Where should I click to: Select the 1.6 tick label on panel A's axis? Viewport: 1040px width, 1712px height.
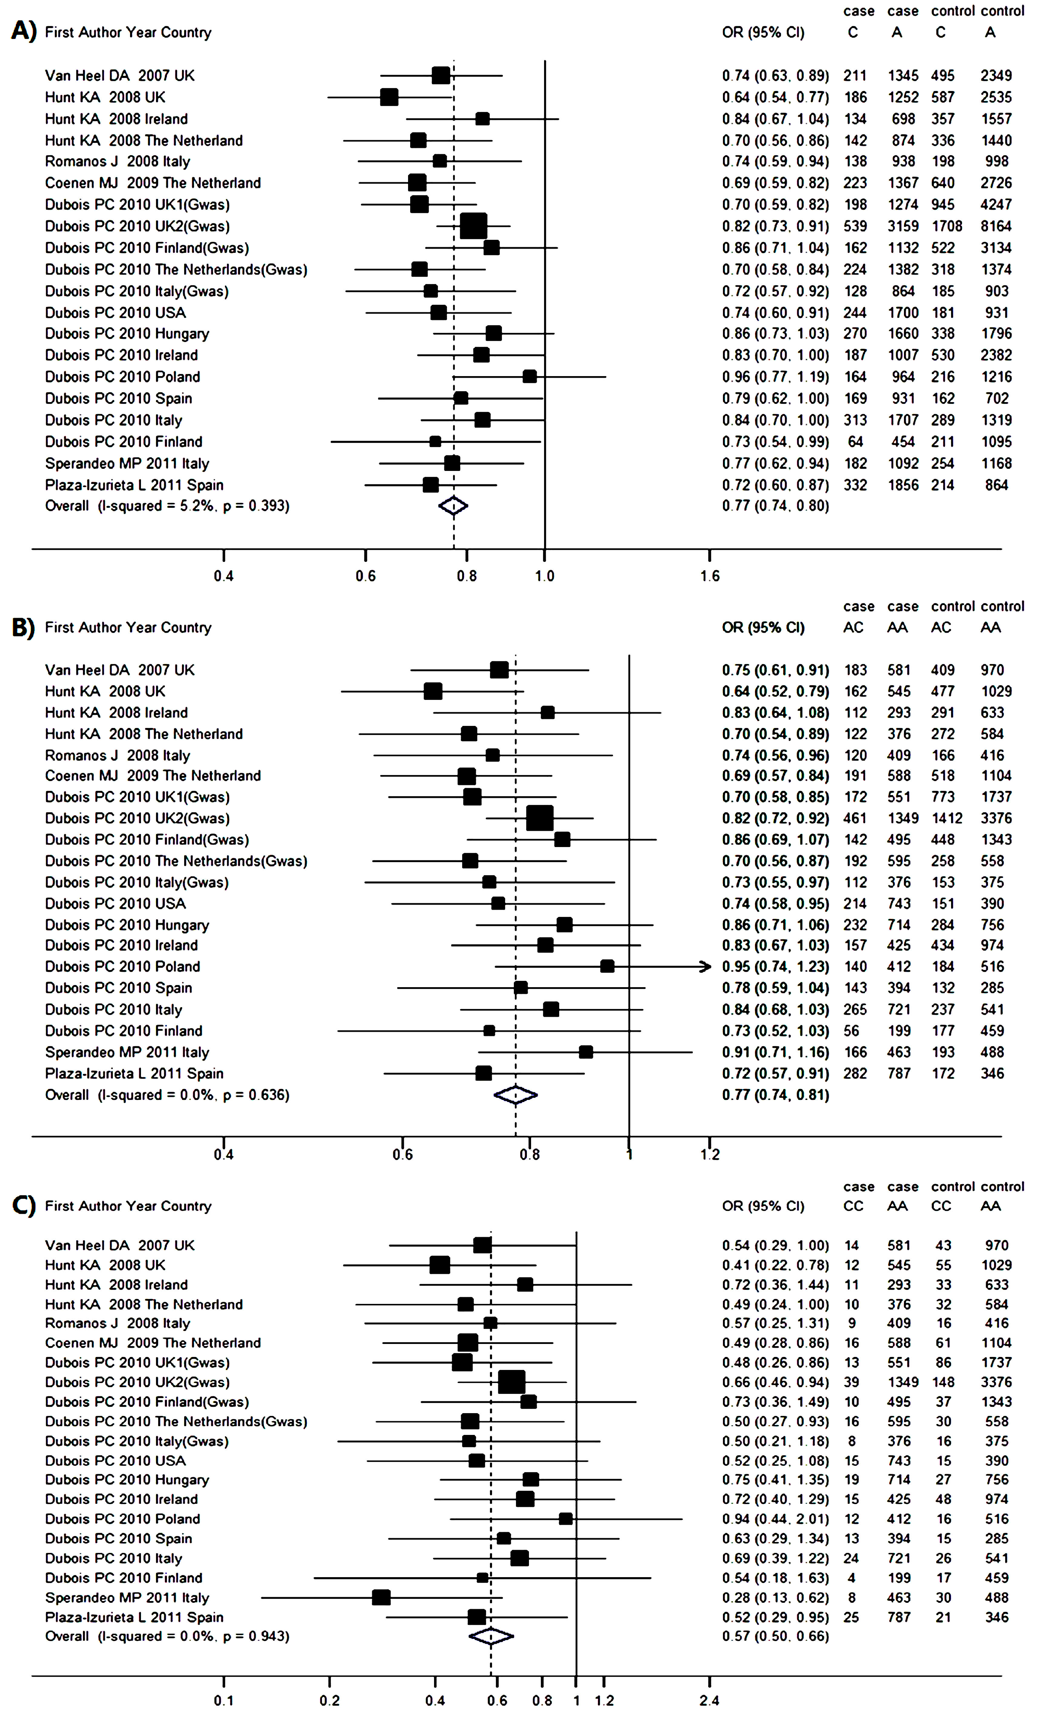709,576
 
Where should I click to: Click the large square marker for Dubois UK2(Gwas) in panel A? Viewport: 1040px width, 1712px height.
473,226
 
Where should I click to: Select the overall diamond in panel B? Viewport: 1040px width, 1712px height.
515,1095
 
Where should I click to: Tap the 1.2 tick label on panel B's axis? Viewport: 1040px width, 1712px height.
709,1155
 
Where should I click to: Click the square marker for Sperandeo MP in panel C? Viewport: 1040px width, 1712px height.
381,1598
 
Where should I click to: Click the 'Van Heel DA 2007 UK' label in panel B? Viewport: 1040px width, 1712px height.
119,670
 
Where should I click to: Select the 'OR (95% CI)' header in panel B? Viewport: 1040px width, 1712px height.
763,628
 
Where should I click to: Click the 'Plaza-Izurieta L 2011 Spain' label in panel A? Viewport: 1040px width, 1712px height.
134,485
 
